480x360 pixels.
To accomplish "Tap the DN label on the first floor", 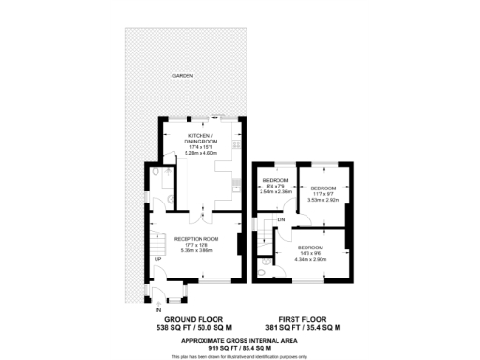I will (x=280, y=220).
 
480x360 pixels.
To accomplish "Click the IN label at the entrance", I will (x=158, y=308).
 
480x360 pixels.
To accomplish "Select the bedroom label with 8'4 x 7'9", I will (x=276, y=180).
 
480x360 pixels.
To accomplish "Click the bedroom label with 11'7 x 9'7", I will (x=323, y=187).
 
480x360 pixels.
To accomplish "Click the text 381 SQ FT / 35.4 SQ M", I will (x=303, y=329).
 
